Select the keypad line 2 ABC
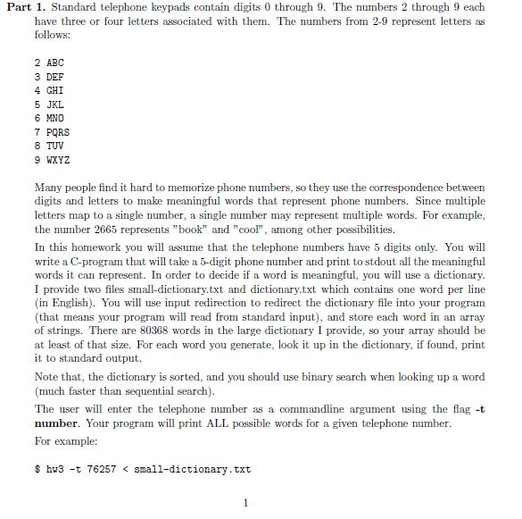[x=49, y=63]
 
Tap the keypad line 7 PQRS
[x=52, y=131]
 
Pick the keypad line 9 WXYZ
[x=52, y=159]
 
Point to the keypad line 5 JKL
[x=49, y=104]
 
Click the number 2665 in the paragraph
[x=105, y=230]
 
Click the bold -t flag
[x=478, y=408]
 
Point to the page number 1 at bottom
[x=245, y=502]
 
